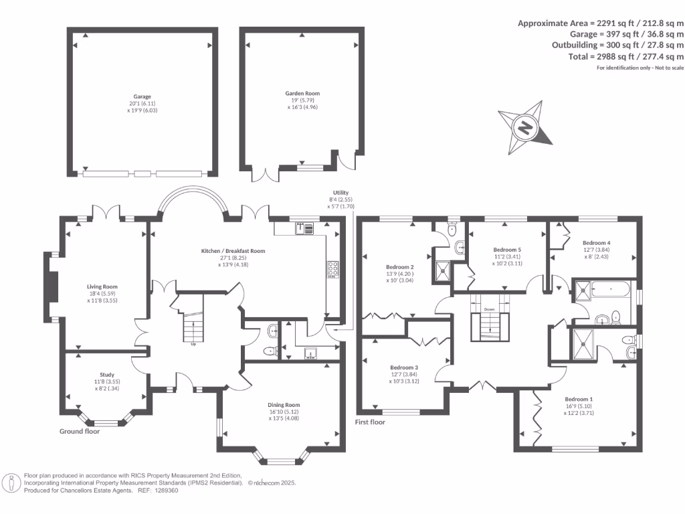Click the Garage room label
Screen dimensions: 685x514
(142, 96)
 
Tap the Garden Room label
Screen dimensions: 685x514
(302, 93)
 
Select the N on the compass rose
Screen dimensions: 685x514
(526, 128)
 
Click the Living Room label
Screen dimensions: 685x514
(102, 286)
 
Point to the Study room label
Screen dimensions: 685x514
(107, 375)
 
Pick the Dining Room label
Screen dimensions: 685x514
(284, 405)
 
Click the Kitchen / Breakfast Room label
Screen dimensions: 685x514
(233, 251)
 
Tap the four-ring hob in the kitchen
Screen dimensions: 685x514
(333, 269)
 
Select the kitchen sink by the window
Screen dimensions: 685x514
(304, 228)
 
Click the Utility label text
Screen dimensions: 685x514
(340, 192)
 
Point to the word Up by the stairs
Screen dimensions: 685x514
(193, 344)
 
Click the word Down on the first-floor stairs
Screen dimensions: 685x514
(489, 309)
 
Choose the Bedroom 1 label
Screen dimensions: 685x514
(579, 399)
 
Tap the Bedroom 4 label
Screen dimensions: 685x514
(596, 242)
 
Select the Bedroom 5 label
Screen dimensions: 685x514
(507, 250)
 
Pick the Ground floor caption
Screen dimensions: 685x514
(80, 432)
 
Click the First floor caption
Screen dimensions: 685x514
(370, 422)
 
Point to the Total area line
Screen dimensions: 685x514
(626, 56)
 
